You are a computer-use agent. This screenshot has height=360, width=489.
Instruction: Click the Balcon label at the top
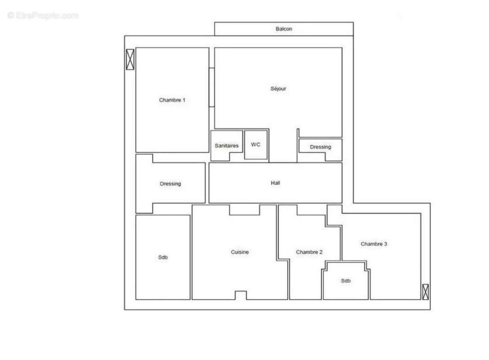(283, 29)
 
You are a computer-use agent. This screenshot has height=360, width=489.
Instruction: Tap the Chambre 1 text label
(172, 100)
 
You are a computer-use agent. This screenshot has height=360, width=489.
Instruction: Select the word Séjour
(278, 89)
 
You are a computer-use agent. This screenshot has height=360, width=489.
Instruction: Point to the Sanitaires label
(227, 146)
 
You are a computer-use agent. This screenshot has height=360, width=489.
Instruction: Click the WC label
(256, 144)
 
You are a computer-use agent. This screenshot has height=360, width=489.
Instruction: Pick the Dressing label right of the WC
(320, 147)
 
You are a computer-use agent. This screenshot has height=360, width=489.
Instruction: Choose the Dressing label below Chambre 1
(170, 184)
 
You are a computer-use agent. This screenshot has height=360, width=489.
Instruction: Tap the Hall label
(275, 183)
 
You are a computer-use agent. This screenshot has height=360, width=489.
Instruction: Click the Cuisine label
(240, 252)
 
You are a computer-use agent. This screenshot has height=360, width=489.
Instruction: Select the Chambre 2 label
(309, 252)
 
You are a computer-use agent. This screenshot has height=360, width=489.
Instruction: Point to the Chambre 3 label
(374, 244)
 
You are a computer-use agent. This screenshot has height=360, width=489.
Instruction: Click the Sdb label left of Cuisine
(163, 257)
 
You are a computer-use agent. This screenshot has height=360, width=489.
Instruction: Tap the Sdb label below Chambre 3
(345, 281)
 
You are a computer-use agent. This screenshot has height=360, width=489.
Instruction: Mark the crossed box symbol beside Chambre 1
(130, 59)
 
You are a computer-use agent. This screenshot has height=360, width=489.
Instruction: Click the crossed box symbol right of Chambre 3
(425, 292)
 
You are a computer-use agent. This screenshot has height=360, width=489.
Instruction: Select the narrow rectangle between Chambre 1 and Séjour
(211, 87)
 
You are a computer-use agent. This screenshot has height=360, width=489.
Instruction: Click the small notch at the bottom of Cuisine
(241, 295)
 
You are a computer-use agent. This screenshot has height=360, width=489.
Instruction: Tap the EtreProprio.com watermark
(43, 16)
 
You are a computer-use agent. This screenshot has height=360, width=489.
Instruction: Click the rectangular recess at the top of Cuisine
(244, 210)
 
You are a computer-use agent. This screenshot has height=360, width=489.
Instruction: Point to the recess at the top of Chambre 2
(311, 210)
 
